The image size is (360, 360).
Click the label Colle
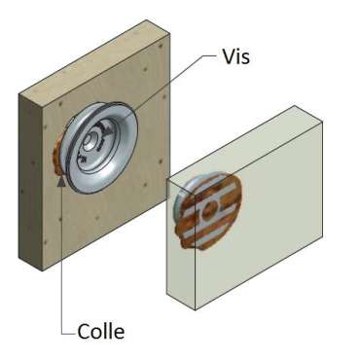101,333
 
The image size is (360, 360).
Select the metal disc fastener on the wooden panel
102,141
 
